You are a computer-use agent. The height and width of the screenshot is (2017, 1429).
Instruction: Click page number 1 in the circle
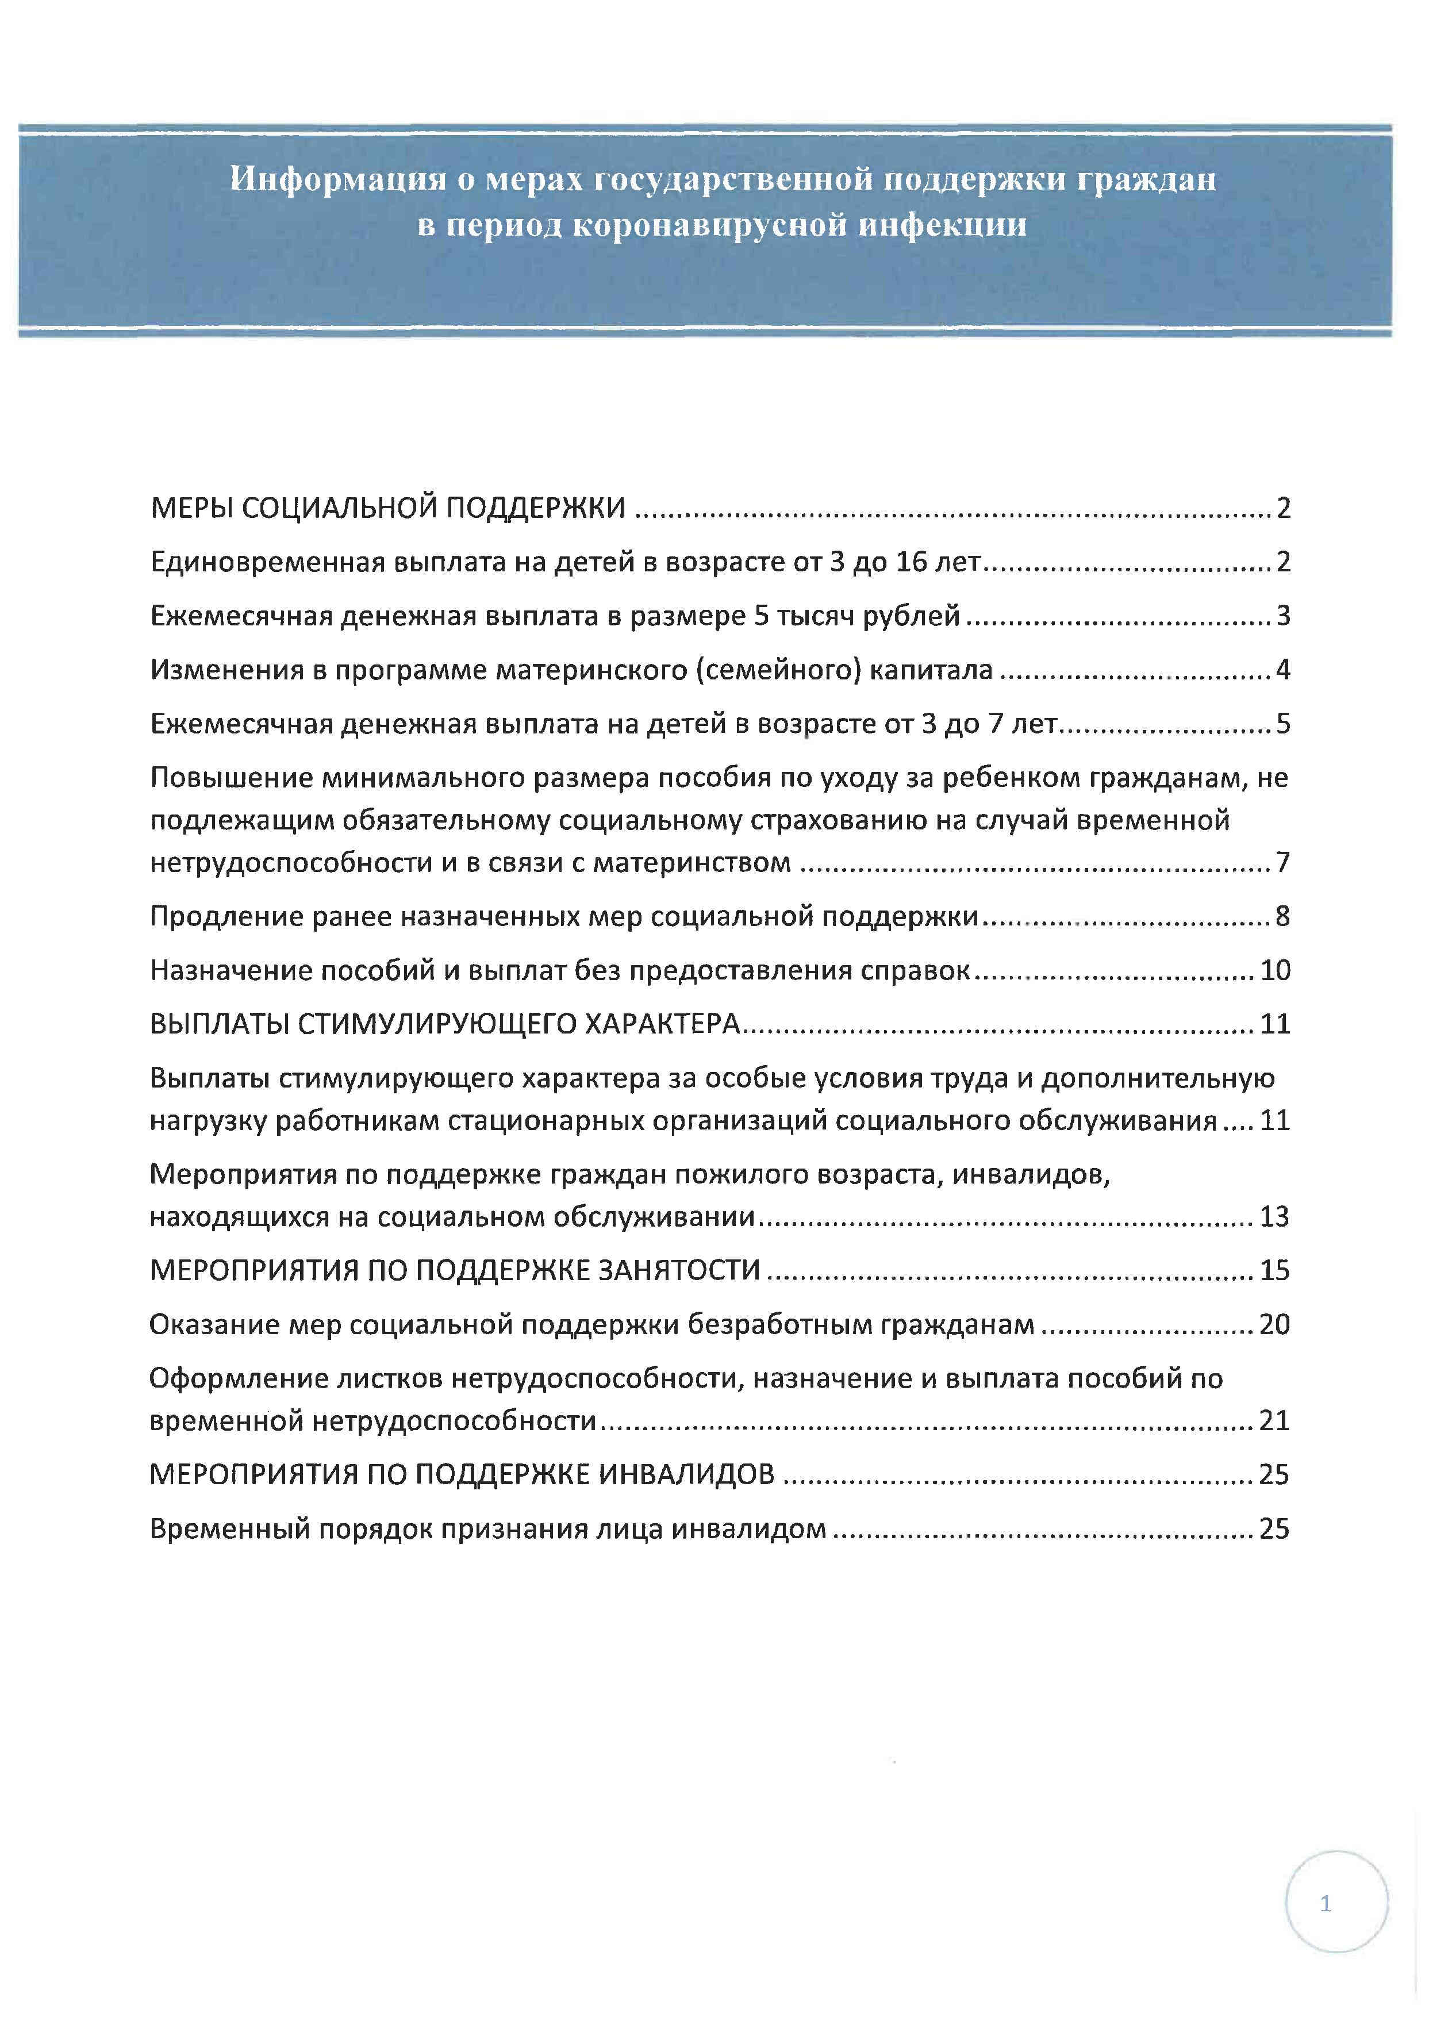point(1325,1904)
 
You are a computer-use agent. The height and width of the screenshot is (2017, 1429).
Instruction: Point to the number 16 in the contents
point(912,562)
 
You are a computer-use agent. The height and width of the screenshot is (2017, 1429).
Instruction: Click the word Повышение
point(231,778)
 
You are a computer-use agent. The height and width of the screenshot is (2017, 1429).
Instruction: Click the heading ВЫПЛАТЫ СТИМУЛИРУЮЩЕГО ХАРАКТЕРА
point(444,1024)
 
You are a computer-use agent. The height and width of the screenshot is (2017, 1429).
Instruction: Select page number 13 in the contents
point(1274,1216)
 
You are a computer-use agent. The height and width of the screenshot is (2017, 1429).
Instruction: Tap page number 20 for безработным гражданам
point(1274,1324)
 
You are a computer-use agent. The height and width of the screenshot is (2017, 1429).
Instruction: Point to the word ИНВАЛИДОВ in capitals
point(686,1474)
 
